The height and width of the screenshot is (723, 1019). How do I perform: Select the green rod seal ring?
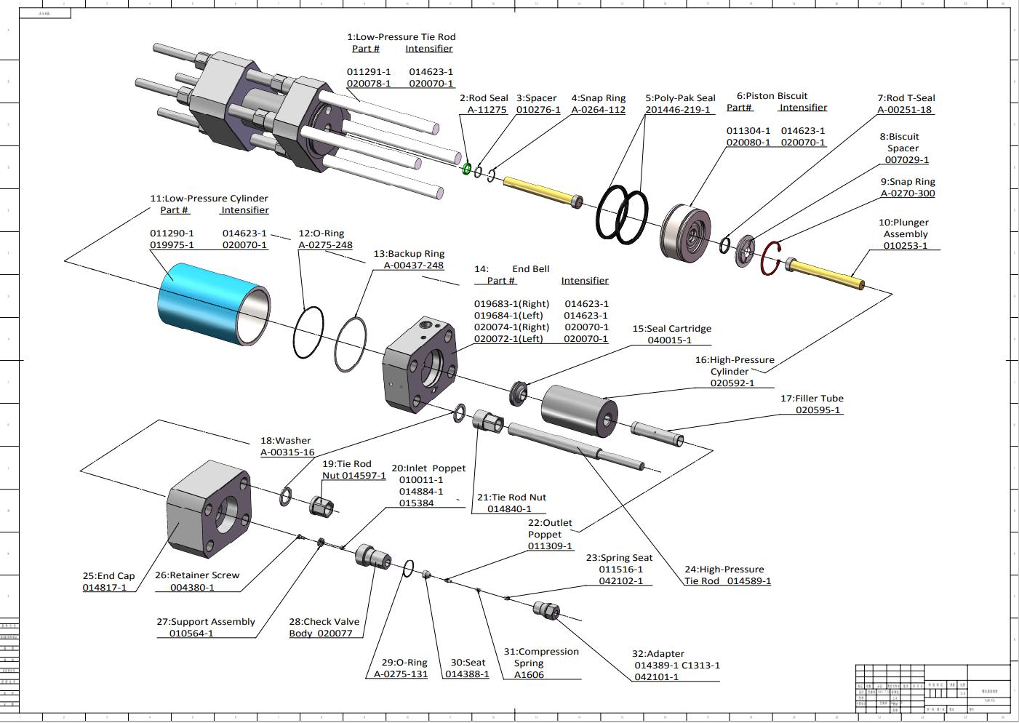(x=467, y=168)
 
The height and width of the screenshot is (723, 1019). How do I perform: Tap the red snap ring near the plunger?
(x=771, y=259)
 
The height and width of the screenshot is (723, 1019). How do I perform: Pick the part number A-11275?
(x=487, y=110)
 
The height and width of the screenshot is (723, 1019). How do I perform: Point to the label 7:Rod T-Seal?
(x=906, y=97)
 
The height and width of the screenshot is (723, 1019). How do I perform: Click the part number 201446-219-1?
(x=677, y=110)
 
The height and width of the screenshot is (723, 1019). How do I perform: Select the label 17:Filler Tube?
(x=812, y=398)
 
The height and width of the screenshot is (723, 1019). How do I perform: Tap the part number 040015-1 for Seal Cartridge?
(x=669, y=340)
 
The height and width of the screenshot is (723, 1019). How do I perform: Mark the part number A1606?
(x=529, y=675)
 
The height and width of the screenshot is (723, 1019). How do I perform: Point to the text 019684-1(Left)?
(x=508, y=316)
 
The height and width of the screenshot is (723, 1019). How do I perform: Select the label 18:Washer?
(x=285, y=440)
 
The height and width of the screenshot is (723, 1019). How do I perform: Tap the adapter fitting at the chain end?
(x=546, y=610)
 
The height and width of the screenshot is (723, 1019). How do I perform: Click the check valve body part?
(x=372, y=556)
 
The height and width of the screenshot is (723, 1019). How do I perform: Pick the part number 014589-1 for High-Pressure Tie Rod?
(x=748, y=581)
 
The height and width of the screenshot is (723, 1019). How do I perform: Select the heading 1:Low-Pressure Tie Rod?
(x=401, y=36)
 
